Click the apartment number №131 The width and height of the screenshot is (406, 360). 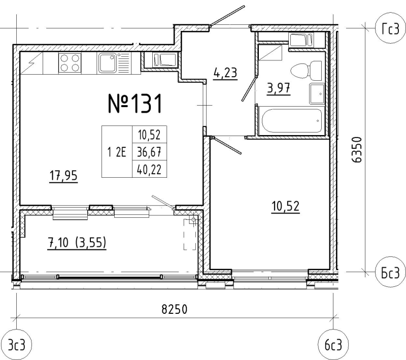click(x=135, y=104)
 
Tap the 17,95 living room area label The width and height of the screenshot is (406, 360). click(x=63, y=176)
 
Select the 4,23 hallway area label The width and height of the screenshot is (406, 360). click(x=225, y=73)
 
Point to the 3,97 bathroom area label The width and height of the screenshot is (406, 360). click(x=279, y=88)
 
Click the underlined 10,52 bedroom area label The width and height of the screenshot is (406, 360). click(x=286, y=207)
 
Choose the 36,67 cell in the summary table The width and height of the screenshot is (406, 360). click(x=149, y=152)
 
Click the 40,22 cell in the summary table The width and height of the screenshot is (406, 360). click(x=149, y=170)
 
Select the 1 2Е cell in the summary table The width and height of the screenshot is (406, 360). click(x=117, y=152)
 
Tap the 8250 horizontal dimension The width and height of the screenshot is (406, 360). click(x=174, y=309)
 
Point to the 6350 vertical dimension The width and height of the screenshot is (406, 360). click(x=357, y=149)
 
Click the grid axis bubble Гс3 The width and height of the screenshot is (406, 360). click(x=390, y=29)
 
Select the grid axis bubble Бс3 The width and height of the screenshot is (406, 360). click(x=390, y=272)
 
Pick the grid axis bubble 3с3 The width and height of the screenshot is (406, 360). click(x=17, y=345)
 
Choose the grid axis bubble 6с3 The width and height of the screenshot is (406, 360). click(x=333, y=345)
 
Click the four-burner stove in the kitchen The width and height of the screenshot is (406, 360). click(x=70, y=63)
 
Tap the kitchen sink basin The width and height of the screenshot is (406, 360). click(x=107, y=63)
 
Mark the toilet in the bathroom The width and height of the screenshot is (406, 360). click(x=307, y=70)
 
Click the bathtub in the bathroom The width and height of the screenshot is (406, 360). click(x=292, y=121)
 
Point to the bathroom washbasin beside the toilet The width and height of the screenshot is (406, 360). click(x=317, y=93)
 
